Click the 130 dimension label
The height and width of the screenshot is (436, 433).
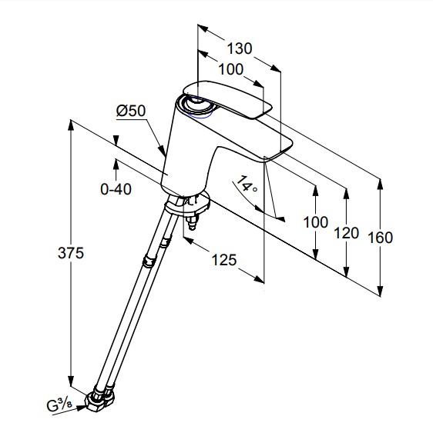[240, 48]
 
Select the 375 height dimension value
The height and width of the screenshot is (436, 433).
[71, 253]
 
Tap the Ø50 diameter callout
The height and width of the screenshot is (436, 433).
[131, 111]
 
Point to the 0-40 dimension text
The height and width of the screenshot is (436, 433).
[116, 189]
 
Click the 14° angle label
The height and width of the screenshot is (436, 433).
[247, 184]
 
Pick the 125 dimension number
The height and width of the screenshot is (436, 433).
[224, 260]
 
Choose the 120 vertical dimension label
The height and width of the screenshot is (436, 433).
[347, 233]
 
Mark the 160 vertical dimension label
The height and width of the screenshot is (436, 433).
[381, 238]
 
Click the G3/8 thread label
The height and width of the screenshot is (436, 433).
[59, 406]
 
